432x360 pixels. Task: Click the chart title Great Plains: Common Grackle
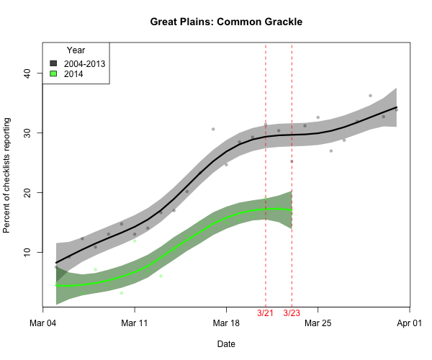[x=226, y=22]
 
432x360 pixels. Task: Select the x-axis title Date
[x=226, y=344]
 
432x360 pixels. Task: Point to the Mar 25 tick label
[x=318, y=323]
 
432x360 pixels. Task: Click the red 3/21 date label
[x=266, y=313]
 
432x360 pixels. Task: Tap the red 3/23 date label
[x=292, y=313]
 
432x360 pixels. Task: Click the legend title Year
[x=76, y=50]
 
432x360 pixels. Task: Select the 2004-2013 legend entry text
[x=85, y=63]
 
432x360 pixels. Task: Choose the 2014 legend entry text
[x=73, y=73]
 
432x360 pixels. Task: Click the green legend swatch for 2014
[x=53, y=73]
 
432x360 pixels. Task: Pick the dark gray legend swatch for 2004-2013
[x=53, y=63]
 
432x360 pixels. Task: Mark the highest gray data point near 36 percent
[x=370, y=96]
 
